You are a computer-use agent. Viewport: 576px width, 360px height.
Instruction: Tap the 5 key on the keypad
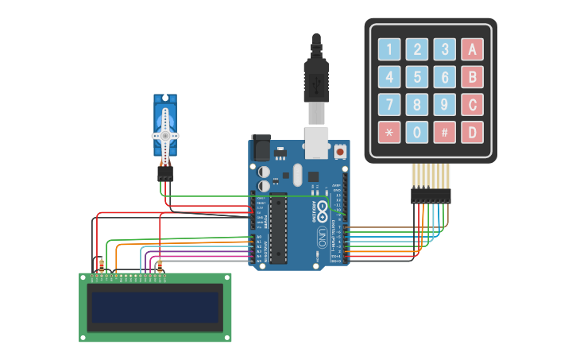pos(417,77)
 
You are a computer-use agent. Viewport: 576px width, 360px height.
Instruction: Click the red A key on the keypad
pos(473,49)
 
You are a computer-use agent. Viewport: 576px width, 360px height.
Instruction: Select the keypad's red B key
pos(473,77)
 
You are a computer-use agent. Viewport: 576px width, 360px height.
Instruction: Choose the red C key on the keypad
pos(473,104)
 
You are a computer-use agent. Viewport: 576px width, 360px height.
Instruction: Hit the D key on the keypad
pos(473,132)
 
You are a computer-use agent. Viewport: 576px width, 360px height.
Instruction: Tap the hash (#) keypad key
pos(445,132)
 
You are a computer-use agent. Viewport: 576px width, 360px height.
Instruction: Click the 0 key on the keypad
pos(417,132)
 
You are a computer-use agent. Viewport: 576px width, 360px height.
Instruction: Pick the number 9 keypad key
pos(445,104)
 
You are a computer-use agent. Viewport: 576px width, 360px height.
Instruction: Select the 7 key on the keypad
pos(389,104)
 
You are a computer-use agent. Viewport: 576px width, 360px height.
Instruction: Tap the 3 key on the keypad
pos(445,49)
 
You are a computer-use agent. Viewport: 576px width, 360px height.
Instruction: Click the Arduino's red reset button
pos(340,150)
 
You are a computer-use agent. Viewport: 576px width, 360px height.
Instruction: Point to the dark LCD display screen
pos(155,308)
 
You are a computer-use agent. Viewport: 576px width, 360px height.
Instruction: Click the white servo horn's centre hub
pos(165,136)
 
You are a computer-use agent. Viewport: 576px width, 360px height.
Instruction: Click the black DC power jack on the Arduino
pos(261,149)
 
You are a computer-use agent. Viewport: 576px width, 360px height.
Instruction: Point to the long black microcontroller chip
pos(278,227)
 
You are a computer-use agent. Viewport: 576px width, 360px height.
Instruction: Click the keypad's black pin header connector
pos(431,195)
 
